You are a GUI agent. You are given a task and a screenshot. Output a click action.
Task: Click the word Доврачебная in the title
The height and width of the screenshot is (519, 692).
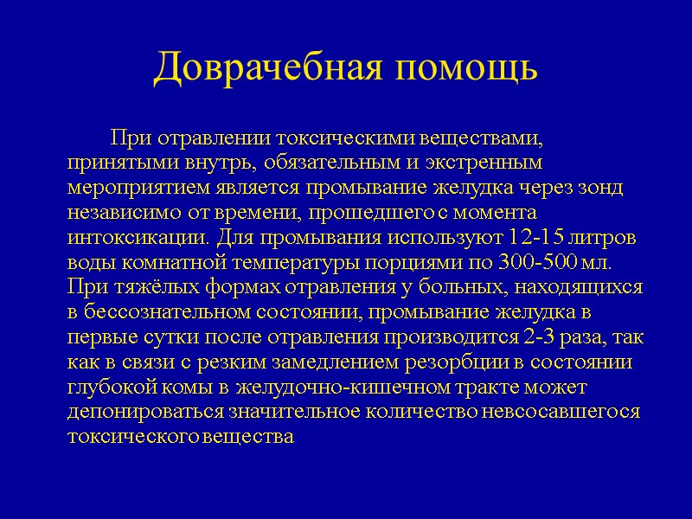(260, 67)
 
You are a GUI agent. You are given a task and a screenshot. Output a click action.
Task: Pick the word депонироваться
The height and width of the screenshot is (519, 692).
(145, 411)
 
